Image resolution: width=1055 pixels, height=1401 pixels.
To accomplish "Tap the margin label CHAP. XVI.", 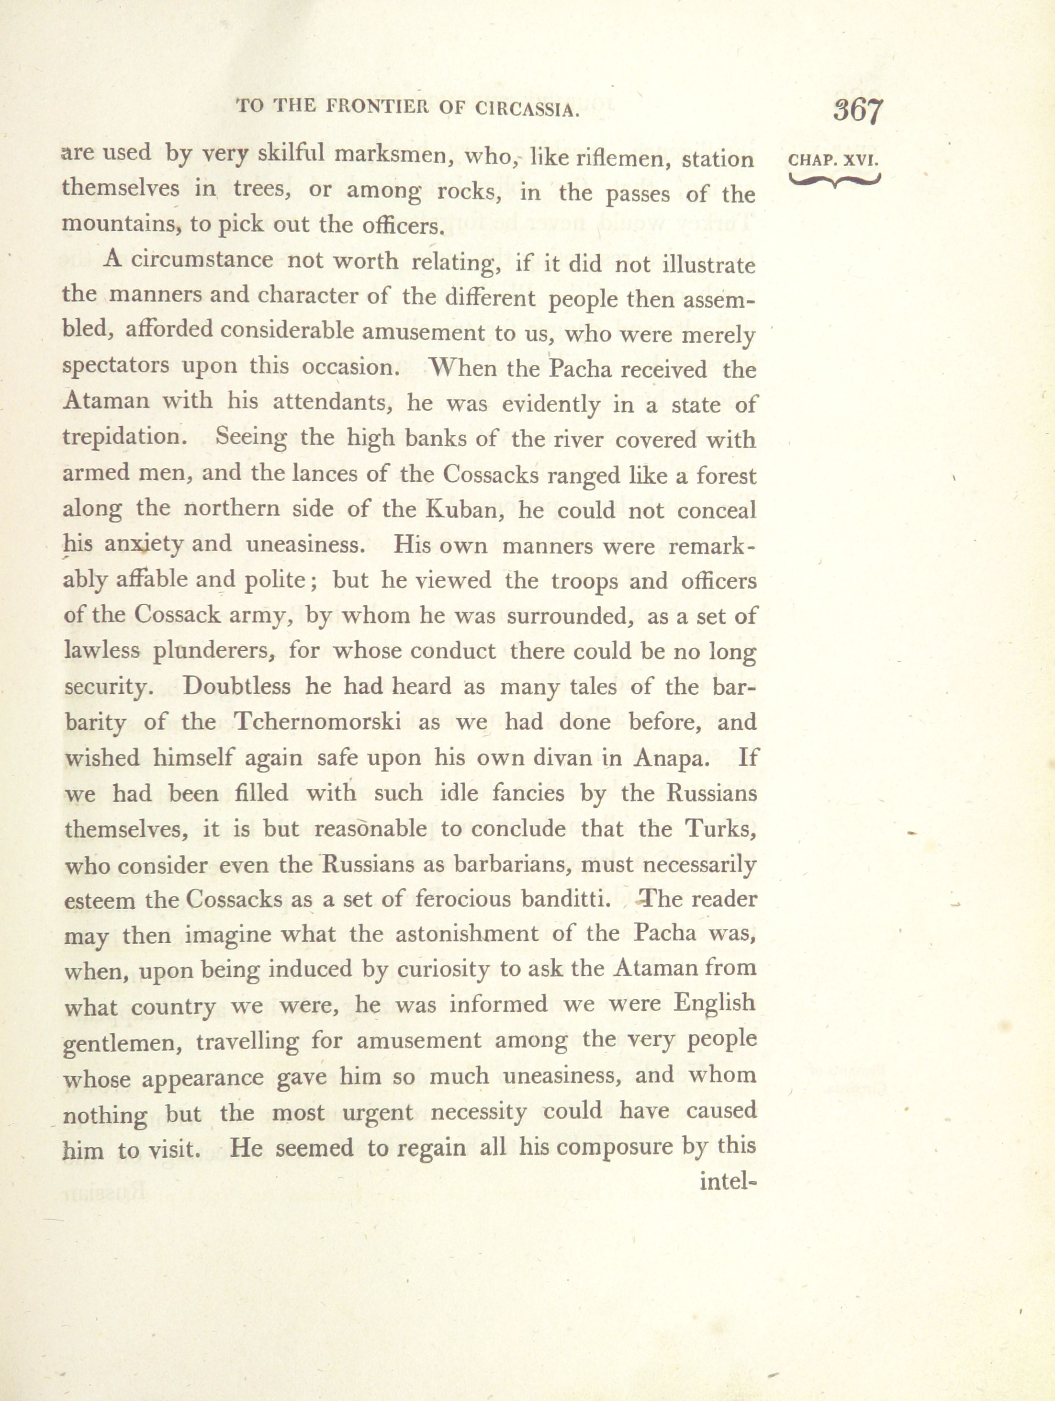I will click(x=833, y=160).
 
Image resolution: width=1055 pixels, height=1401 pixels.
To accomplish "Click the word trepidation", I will click(x=125, y=436).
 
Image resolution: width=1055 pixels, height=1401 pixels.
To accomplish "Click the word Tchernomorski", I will click(x=318, y=723).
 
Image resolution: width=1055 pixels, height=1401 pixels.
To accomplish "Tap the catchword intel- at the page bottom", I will click(x=728, y=1181).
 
